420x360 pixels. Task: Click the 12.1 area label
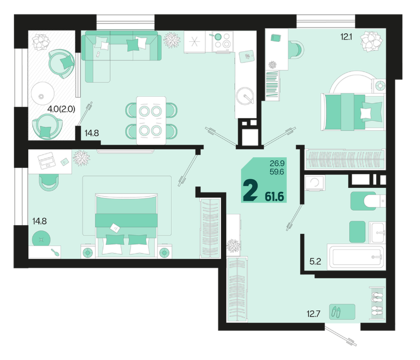[346, 37]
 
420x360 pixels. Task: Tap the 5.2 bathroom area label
[315, 261]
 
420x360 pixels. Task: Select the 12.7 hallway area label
[313, 314]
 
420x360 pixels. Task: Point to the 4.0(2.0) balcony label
[61, 109]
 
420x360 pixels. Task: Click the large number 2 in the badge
[250, 191]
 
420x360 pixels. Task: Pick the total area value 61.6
[274, 197]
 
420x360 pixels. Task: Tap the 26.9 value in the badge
[277, 163]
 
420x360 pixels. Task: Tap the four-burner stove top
[222, 42]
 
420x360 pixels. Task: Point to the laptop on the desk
[46, 160]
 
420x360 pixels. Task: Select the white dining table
[151, 120]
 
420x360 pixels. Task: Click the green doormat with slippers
[342, 312]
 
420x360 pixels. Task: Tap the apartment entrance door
[341, 336]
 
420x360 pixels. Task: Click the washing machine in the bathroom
[315, 183]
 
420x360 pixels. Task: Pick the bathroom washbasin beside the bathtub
[377, 232]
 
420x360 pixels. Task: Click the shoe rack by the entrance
[377, 303]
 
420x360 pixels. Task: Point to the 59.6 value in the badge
[277, 172]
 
